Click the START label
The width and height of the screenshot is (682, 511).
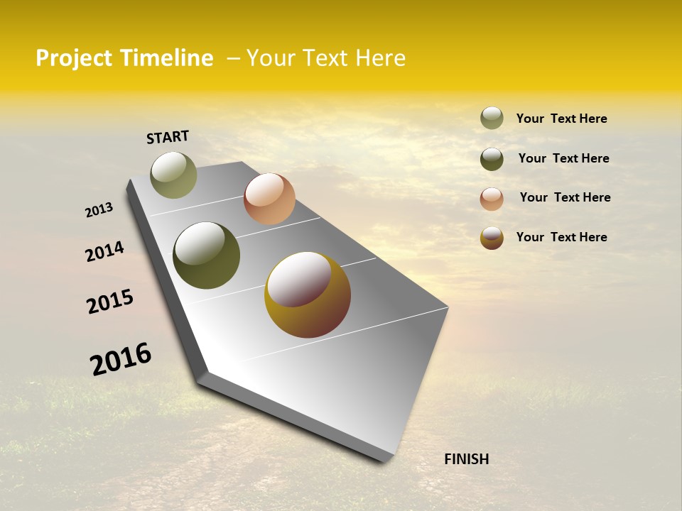pos(168,137)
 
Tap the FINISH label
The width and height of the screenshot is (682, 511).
pos(466,459)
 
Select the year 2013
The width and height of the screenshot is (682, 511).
pos(99,210)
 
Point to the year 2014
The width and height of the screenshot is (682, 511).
pos(104,252)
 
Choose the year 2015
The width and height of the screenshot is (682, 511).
pos(110,302)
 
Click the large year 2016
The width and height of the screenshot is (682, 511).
pos(121,359)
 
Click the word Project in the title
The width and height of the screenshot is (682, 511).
pos(75,58)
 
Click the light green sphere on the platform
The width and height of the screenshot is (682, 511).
pos(173,175)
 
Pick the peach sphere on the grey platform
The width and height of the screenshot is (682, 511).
pos(269,199)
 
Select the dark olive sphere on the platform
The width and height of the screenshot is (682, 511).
pos(206,255)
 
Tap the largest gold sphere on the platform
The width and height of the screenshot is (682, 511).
pos(308,295)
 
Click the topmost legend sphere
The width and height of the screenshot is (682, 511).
pos(492,118)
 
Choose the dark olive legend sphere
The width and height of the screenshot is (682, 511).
pos(492,159)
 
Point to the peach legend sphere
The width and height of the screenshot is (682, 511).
pos(492,199)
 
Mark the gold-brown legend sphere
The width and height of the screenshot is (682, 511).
pos(492,238)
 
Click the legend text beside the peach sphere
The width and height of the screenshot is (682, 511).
pos(565,197)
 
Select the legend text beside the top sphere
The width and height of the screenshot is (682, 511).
pos(561,119)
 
